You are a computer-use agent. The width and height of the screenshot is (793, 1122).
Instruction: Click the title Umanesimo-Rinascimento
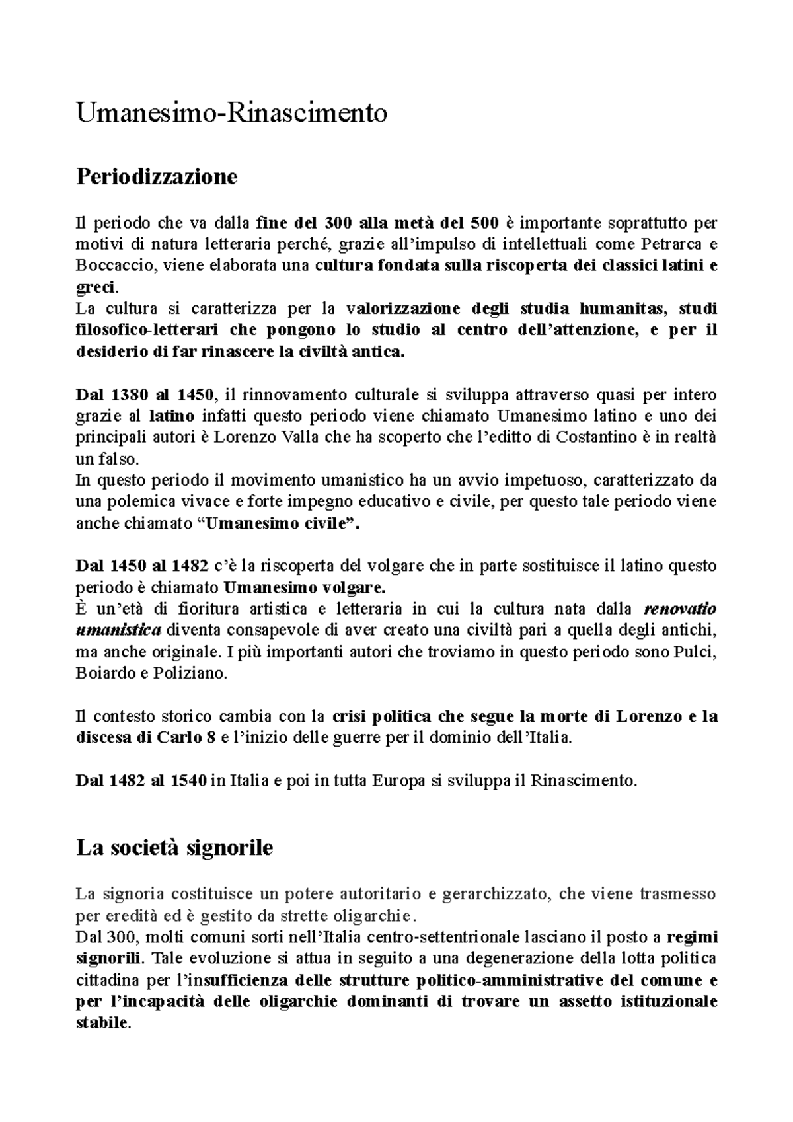coord(231,113)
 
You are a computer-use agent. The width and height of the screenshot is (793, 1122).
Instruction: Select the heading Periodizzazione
coord(157,177)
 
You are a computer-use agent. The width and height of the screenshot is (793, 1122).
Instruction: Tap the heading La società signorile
coord(174,847)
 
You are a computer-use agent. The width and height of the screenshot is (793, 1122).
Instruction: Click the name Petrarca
coord(665,244)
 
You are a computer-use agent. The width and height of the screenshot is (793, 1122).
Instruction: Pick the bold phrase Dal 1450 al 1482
coord(145,566)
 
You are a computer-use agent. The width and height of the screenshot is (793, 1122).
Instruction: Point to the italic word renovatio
coord(680,608)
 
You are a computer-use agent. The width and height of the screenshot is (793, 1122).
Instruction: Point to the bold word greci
coord(96,288)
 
